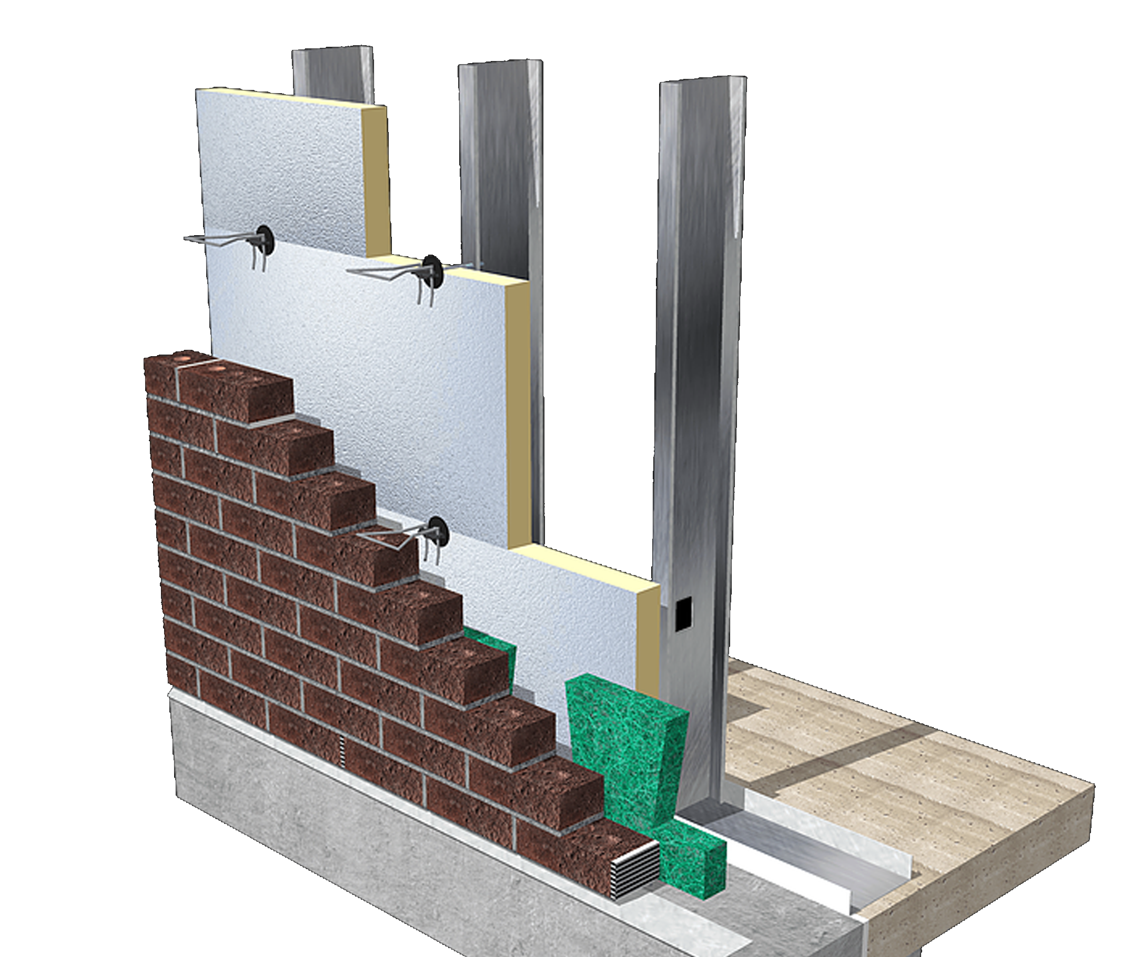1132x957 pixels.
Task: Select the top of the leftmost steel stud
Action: [332, 54]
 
